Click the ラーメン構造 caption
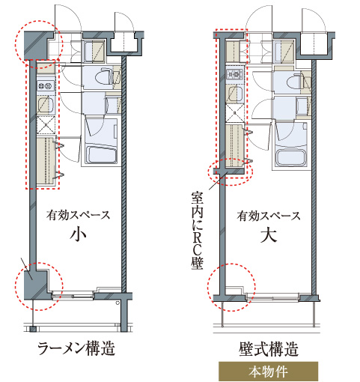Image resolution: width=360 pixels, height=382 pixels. (76, 348)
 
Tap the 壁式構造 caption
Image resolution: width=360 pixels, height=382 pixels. (269, 349)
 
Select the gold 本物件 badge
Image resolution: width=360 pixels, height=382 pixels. (268, 372)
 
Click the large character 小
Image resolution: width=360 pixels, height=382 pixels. (78, 234)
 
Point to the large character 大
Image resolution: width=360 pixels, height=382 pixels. (269, 235)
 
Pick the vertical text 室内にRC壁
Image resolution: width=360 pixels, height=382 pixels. (198, 230)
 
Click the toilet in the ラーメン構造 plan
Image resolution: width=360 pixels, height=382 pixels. (104, 77)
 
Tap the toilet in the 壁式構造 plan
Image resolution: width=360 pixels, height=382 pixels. (296, 82)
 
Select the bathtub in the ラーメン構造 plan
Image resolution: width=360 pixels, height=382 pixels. (101, 155)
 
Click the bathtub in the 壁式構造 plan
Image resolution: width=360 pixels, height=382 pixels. (290, 158)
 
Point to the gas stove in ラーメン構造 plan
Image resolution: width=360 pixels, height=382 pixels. (46, 86)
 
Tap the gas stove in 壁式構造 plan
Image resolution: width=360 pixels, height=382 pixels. (234, 74)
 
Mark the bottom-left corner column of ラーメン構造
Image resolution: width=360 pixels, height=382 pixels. (36, 285)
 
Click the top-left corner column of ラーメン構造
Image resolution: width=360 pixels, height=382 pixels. (35, 46)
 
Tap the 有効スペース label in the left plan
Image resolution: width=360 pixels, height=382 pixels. (78, 215)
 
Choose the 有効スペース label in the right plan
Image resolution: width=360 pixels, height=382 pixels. (269, 216)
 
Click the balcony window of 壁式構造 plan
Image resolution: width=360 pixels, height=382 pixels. (272, 297)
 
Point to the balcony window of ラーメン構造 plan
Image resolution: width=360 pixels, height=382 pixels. (73, 296)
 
